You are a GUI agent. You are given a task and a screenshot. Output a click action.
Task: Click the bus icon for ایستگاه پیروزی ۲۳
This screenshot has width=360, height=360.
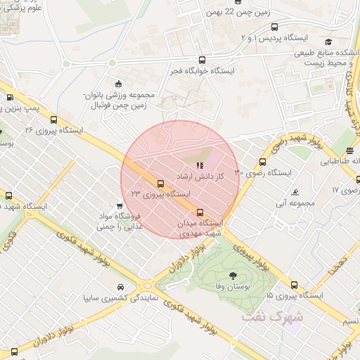[x=160, y=185]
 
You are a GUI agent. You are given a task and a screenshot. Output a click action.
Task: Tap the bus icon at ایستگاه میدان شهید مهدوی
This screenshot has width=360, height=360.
[x=200, y=212]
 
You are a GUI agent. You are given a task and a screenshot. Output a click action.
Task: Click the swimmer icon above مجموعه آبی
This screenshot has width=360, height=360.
[x=295, y=192]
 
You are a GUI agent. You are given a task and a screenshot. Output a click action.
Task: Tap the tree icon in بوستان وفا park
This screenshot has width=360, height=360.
[x=232, y=275]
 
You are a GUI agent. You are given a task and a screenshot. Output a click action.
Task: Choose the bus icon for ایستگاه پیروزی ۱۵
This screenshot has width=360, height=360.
[x=294, y=285]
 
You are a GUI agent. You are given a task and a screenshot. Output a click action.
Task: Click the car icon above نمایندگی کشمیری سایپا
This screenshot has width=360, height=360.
[x=121, y=288]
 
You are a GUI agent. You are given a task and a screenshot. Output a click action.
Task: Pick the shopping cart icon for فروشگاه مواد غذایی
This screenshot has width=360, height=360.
[x=121, y=206]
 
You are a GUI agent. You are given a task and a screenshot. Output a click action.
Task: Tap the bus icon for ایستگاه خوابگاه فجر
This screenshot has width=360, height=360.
[x=202, y=60]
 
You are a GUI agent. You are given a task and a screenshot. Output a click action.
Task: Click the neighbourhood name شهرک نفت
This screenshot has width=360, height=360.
[x=272, y=316]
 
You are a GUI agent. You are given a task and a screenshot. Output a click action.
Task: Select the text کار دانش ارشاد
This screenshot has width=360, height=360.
[x=200, y=177]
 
